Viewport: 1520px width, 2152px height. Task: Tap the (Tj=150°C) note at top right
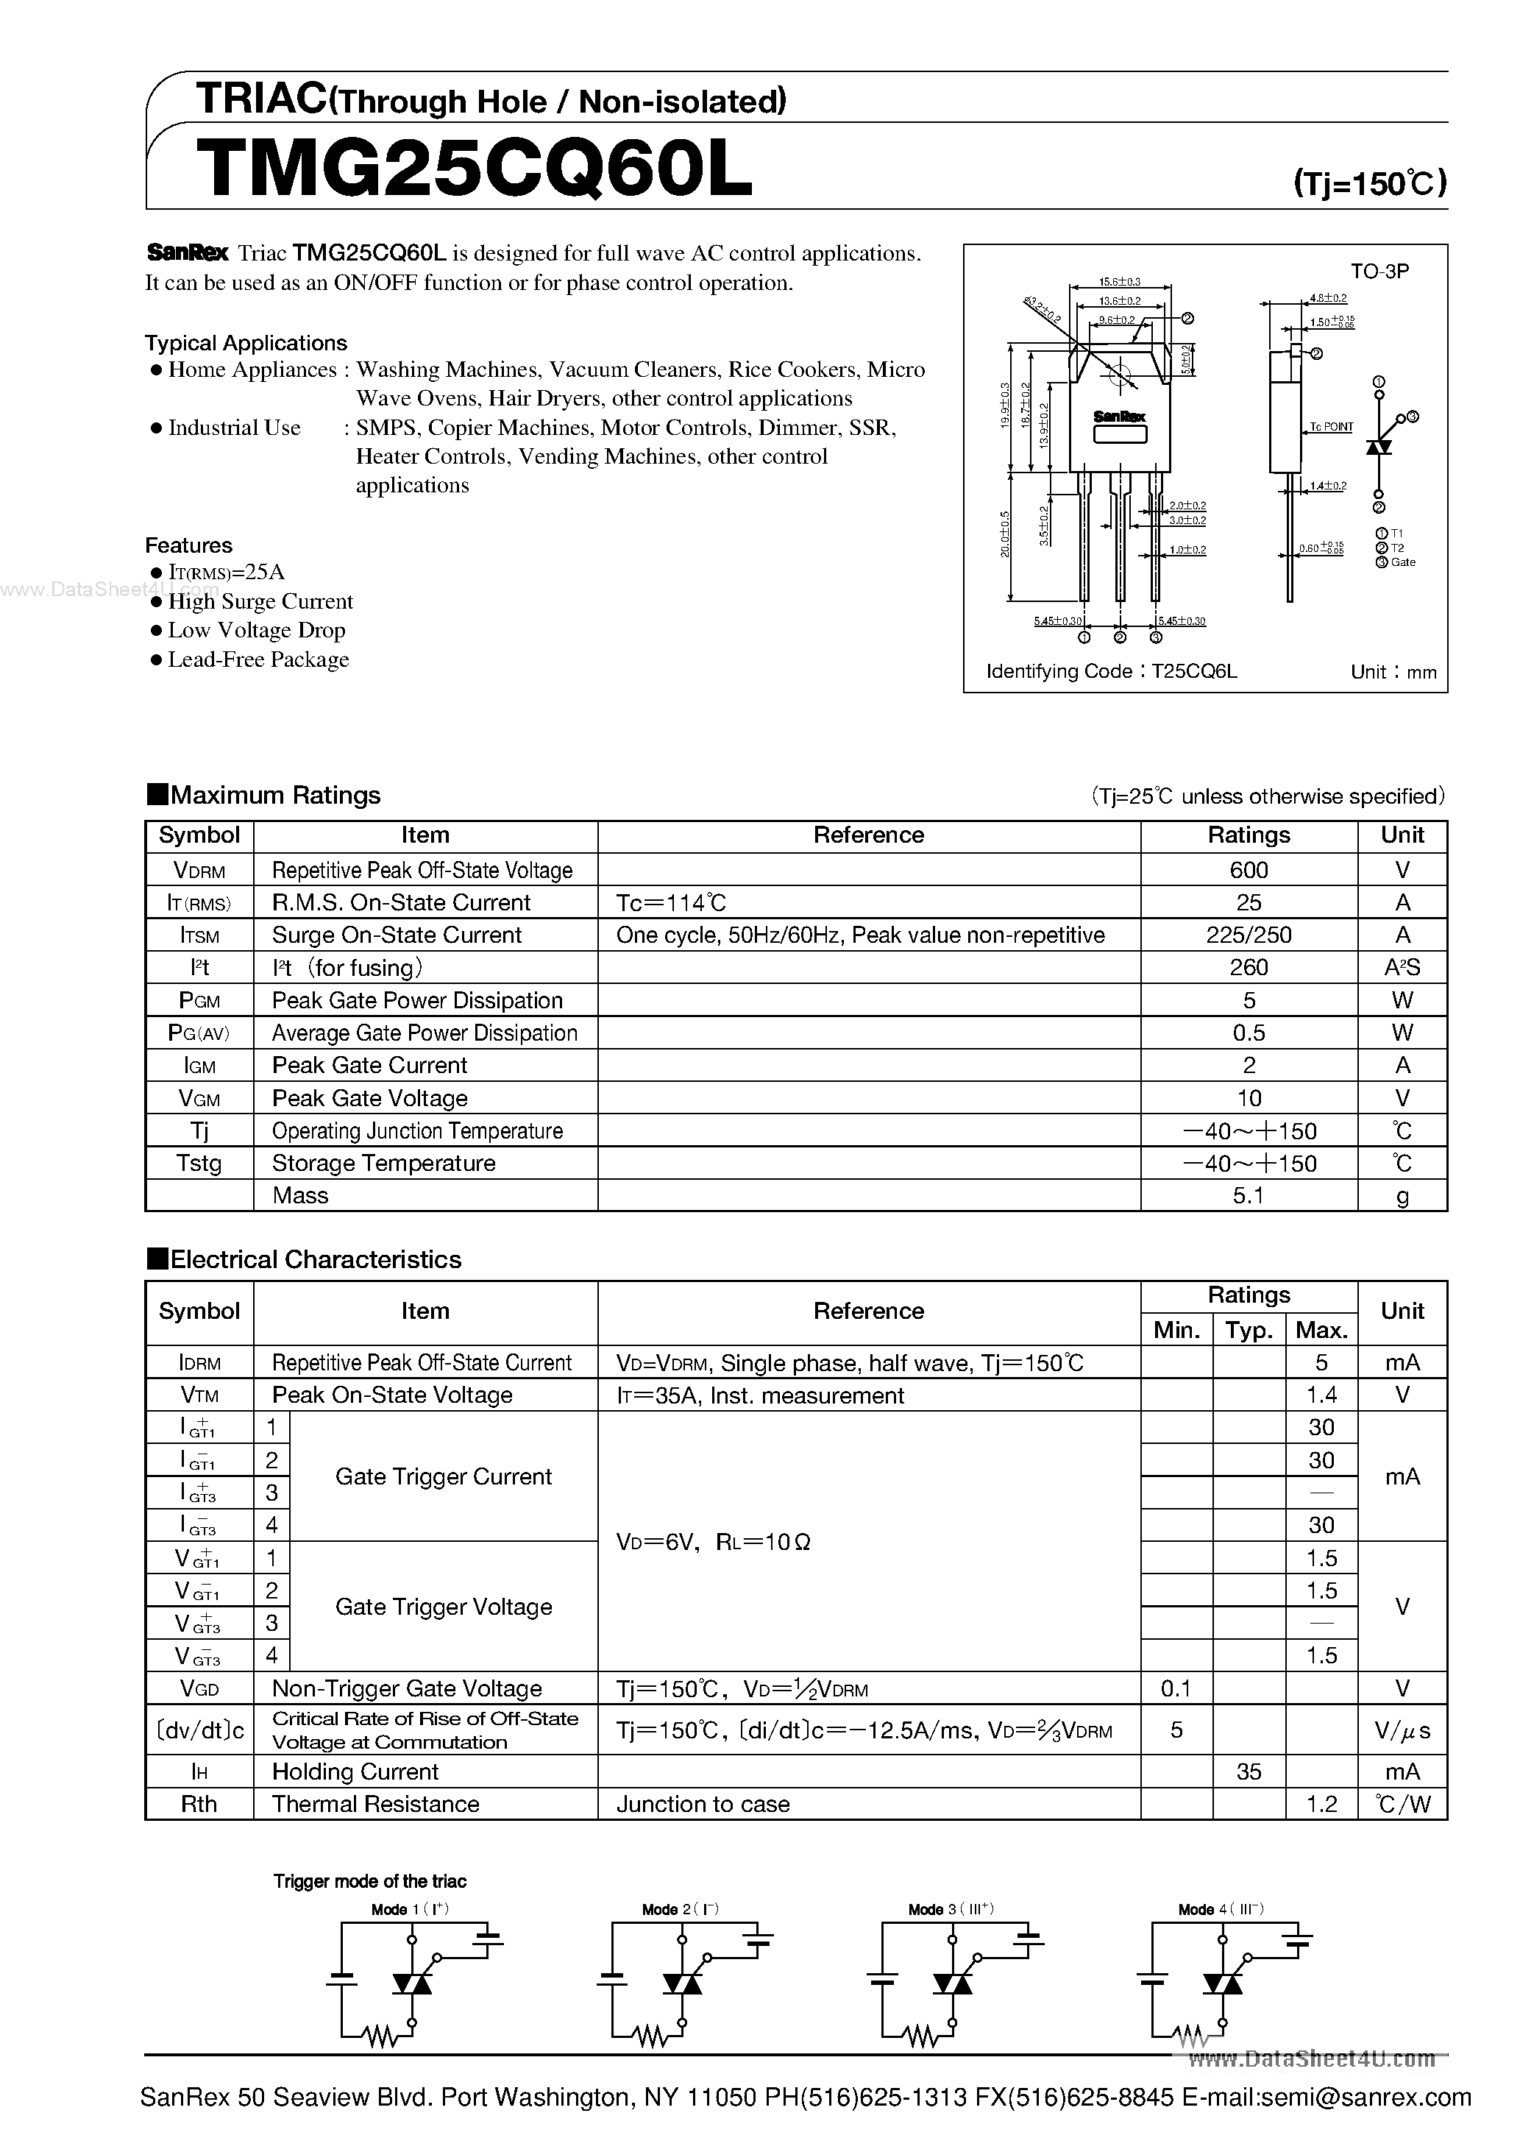(x=1369, y=183)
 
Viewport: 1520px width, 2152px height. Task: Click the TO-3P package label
(x=1379, y=271)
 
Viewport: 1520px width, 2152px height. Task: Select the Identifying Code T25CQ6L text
(x=1112, y=671)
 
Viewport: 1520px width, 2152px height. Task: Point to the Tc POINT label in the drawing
(x=1331, y=426)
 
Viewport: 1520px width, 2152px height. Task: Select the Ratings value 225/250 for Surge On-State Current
(x=1249, y=935)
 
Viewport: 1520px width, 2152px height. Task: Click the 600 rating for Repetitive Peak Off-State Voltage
(x=1249, y=870)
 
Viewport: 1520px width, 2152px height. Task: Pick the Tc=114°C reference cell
(x=671, y=902)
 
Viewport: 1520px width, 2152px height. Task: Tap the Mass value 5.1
(x=1249, y=1195)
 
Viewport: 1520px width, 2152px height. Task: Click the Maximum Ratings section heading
(x=274, y=795)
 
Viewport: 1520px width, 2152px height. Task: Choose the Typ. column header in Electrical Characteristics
(x=1249, y=1330)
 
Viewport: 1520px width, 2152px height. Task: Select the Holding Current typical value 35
(x=1249, y=1771)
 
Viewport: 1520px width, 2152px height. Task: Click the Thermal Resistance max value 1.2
(x=1321, y=1805)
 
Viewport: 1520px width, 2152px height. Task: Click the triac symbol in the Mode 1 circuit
(x=411, y=1984)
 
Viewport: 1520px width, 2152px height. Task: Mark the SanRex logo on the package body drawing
(x=1119, y=416)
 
